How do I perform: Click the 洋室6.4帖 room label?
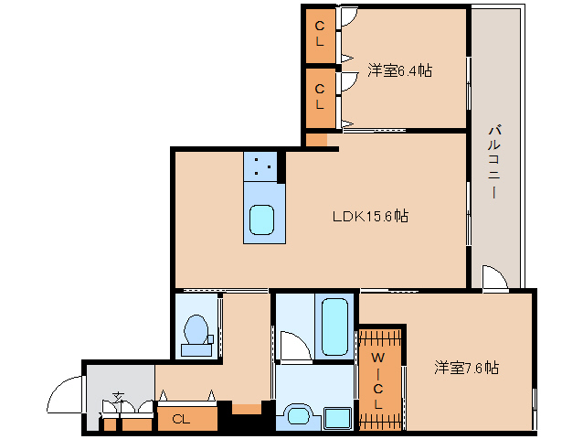click(400, 70)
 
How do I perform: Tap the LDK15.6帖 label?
click(370, 216)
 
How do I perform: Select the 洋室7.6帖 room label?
click(467, 368)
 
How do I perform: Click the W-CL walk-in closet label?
click(378, 380)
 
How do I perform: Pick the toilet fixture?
click(197, 336)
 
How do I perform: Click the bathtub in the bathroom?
click(334, 327)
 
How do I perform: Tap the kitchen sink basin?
click(261, 219)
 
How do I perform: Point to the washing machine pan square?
click(337, 418)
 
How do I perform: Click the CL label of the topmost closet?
click(320, 34)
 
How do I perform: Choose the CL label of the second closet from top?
click(320, 97)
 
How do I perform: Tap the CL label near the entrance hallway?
click(181, 420)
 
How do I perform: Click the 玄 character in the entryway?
click(119, 397)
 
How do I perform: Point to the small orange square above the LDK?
click(316, 140)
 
